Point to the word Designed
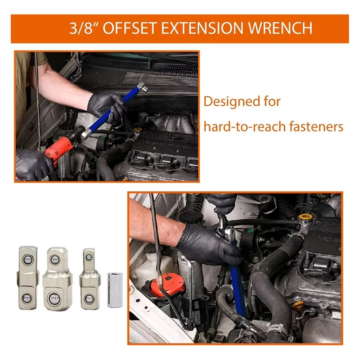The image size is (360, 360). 232,101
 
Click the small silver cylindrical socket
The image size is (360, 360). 115,290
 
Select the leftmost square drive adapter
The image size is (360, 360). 28,278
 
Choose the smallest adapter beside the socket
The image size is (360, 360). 90,279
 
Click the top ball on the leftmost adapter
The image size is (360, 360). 27,260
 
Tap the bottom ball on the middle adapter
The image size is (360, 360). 54,299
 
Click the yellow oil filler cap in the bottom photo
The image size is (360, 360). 305,217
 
